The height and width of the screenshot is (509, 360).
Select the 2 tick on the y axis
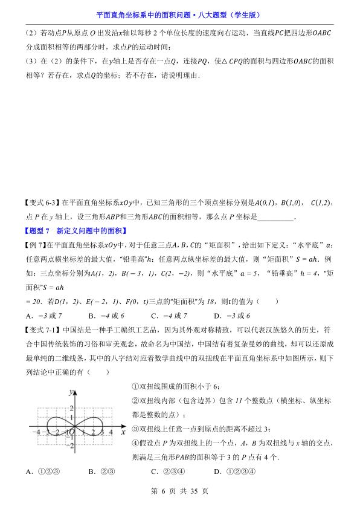pyautogui.click(x=70, y=410)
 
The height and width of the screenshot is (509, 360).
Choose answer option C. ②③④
pyautogui.click(x=167, y=472)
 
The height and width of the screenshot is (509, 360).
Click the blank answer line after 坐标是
pyautogui.click(x=275, y=218)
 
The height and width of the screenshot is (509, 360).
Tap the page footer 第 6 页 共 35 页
pyautogui.click(x=180, y=491)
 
